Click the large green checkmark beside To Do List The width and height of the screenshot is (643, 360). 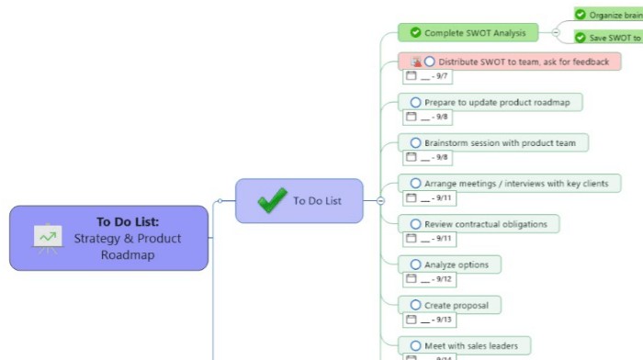click(272, 200)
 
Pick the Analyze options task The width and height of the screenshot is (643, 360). click(455, 264)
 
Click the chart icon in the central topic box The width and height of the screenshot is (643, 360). click(47, 237)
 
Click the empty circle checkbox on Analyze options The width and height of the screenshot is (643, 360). click(415, 264)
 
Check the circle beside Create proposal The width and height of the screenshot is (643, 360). click(415, 305)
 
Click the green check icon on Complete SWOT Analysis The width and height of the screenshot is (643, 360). click(415, 33)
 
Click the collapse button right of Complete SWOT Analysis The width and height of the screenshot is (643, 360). click(556, 33)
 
